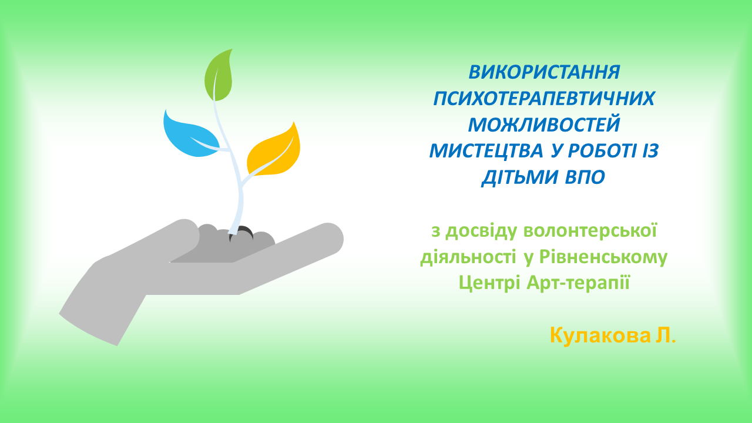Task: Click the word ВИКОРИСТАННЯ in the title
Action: [544, 72]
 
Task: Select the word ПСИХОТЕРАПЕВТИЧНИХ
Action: [544, 98]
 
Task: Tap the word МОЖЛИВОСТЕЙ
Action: [544, 125]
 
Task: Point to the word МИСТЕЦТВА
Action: [486, 151]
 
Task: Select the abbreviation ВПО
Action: [585, 177]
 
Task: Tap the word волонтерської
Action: [590, 231]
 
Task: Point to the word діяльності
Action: [468, 257]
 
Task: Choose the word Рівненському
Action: [603, 257]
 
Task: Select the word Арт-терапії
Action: [578, 283]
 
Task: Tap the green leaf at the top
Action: [219, 75]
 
